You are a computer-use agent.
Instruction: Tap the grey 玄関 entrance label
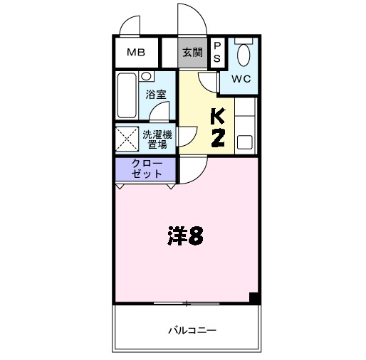click(192, 52)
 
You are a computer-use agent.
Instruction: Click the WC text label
click(241, 78)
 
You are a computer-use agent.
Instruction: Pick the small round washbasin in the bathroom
click(146, 75)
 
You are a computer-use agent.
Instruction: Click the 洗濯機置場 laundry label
click(157, 139)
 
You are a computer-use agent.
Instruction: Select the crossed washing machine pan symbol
click(127, 139)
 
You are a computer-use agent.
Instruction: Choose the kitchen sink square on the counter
click(244, 141)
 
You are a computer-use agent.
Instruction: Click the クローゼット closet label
click(147, 169)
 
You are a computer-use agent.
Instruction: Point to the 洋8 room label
click(186, 235)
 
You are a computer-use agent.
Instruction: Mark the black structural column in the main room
click(253, 298)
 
